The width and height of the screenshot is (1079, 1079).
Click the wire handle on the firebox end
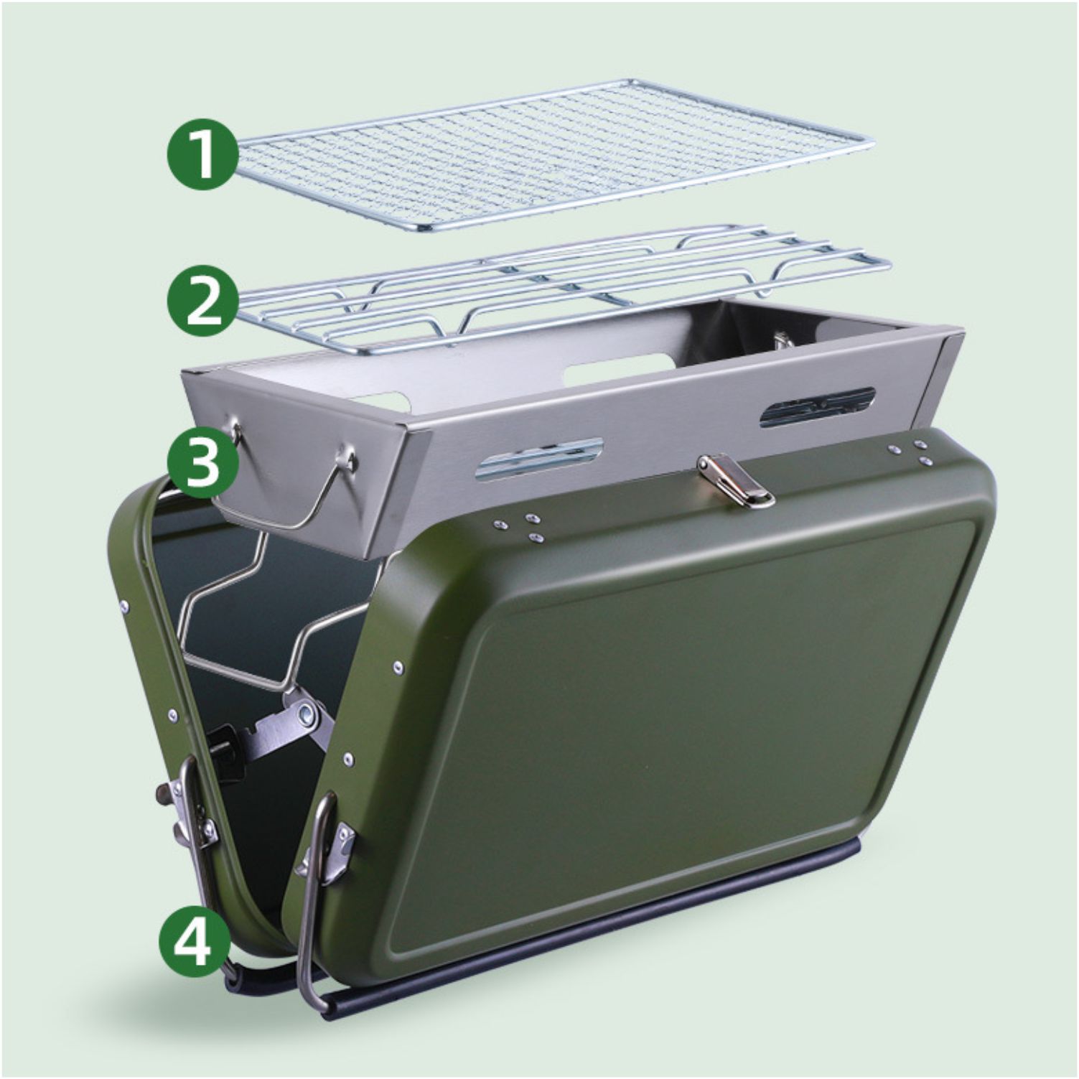point(294,495)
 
